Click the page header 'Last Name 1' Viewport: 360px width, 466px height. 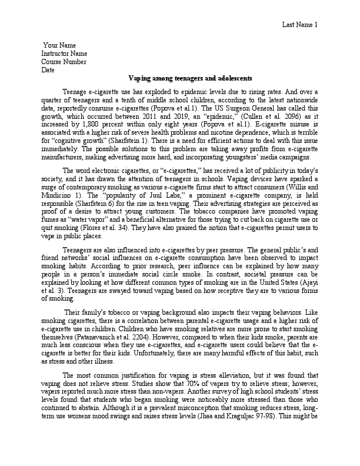click(299, 24)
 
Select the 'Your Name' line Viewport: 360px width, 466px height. click(59, 45)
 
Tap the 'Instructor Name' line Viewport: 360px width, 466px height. click(65, 54)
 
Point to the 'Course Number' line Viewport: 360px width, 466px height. click(64, 62)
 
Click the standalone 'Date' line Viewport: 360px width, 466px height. click(48, 70)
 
